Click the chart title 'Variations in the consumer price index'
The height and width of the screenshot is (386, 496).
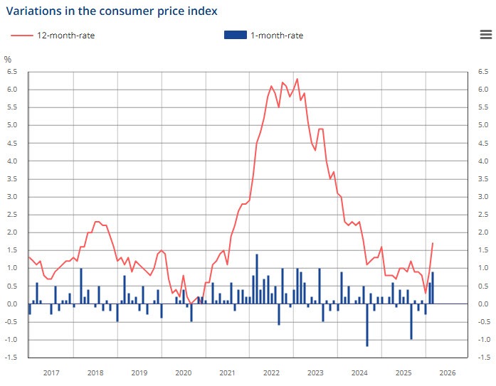coord(112,11)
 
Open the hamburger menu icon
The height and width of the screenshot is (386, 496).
coord(485,36)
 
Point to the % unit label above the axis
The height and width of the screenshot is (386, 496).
coord(8,59)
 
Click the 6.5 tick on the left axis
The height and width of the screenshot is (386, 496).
coord(12,72)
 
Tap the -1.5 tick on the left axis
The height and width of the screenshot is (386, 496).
coord(11,357)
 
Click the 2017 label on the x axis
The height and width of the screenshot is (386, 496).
coord(51,372)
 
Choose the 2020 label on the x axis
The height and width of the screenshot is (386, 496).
coord(183,372)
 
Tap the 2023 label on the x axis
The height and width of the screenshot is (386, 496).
coord(315,372)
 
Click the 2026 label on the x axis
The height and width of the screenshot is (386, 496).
coord(447,372)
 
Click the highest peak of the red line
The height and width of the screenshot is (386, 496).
coord(297,79)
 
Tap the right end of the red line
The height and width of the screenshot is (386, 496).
coord(433,243)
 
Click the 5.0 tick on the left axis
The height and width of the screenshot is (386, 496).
coord(12,125)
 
